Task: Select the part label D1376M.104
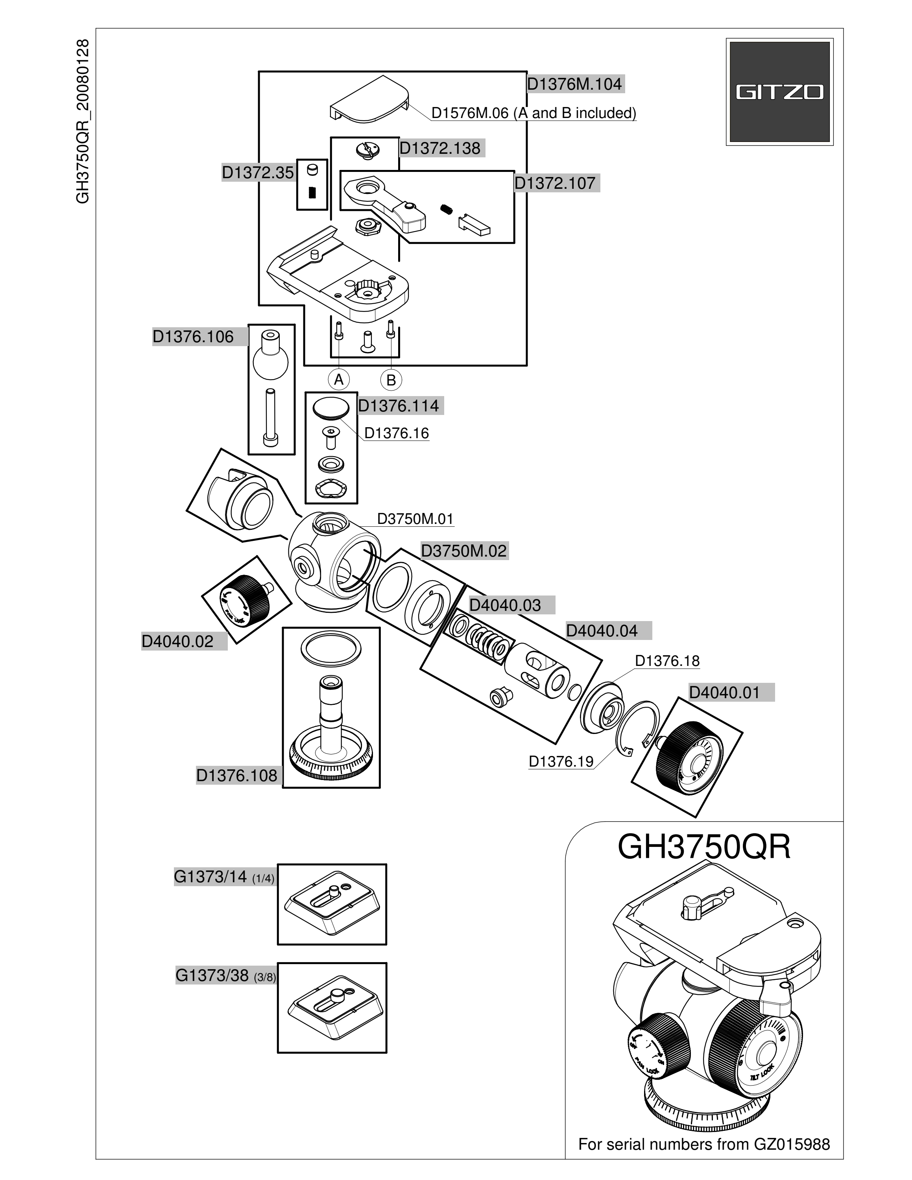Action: tap(574, 84)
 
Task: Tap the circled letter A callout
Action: tap(339, 380)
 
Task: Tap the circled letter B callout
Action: tap(391, 380)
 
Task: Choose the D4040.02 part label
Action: tap(178, 641)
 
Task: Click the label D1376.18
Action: tap(667, 661)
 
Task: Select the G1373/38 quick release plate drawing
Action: tap(332, 1007)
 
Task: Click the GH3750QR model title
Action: tap(704, 847)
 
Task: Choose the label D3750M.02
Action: tap(463, 551)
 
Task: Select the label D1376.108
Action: tap(236, 775)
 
